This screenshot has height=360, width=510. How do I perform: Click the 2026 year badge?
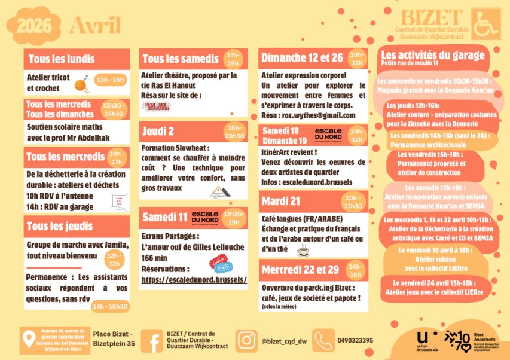coord(34,25)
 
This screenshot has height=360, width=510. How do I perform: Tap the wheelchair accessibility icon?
coord(485,24)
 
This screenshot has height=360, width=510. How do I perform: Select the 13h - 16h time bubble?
coord(110,79)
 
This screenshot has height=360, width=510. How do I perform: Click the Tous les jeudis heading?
coord(60,226)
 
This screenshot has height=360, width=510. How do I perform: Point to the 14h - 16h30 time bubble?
coord(110,306)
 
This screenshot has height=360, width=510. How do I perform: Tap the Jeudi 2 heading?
coord(159,131)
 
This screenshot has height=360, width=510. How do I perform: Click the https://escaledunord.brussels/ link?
coord(194,279)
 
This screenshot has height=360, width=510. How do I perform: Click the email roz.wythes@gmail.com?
coord(326,115)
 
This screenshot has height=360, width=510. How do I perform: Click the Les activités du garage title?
coord(433,54)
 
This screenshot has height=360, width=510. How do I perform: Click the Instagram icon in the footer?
coord(246,341)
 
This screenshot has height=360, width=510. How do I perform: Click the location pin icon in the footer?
coord(28,340)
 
